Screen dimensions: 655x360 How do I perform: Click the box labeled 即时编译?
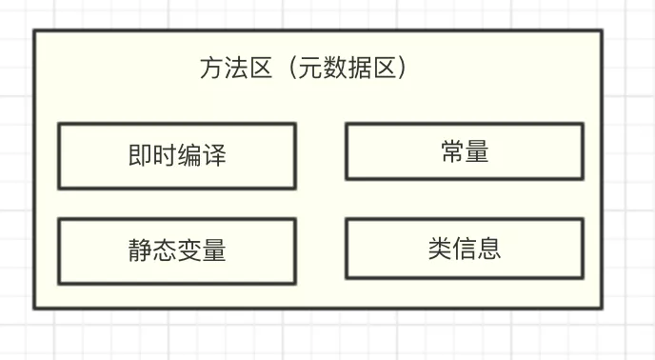pyautogui.click(x=176, y=155)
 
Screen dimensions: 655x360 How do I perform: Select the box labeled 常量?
pyautogui.click(x=464, y=151)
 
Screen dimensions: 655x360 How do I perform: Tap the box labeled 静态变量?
pyautogui.click(x=176, y=250)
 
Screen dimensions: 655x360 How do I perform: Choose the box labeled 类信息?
pyautogui.click(x=464, y=249)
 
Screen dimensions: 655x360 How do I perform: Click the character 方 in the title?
pyautogui.click(x=211, y=69)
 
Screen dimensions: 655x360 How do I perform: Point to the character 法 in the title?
pyautogui.click(x=236, y=69)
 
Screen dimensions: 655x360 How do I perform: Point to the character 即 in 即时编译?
pyautogui.click(x=140, y=155)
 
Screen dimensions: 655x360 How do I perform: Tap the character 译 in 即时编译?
pyautogui.click(x=214, y=155)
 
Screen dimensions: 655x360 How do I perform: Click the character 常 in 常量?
pyautogui.click(x=452, y=151)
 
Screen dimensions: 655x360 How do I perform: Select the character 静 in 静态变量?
pyautogui.click(x=140, y=250)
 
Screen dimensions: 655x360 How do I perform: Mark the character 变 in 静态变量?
pyautogui.click(x=189, y=250)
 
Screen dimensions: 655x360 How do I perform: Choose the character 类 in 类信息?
pyautogui.click(x=439, y=249)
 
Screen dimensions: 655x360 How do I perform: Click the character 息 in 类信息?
pyautogui.click(x=488, y=249)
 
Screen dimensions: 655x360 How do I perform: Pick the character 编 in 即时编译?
pyautogui.click(x=189, y=155)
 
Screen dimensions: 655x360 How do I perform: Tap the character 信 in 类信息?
pyautogui.click(x=464, y=249)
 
